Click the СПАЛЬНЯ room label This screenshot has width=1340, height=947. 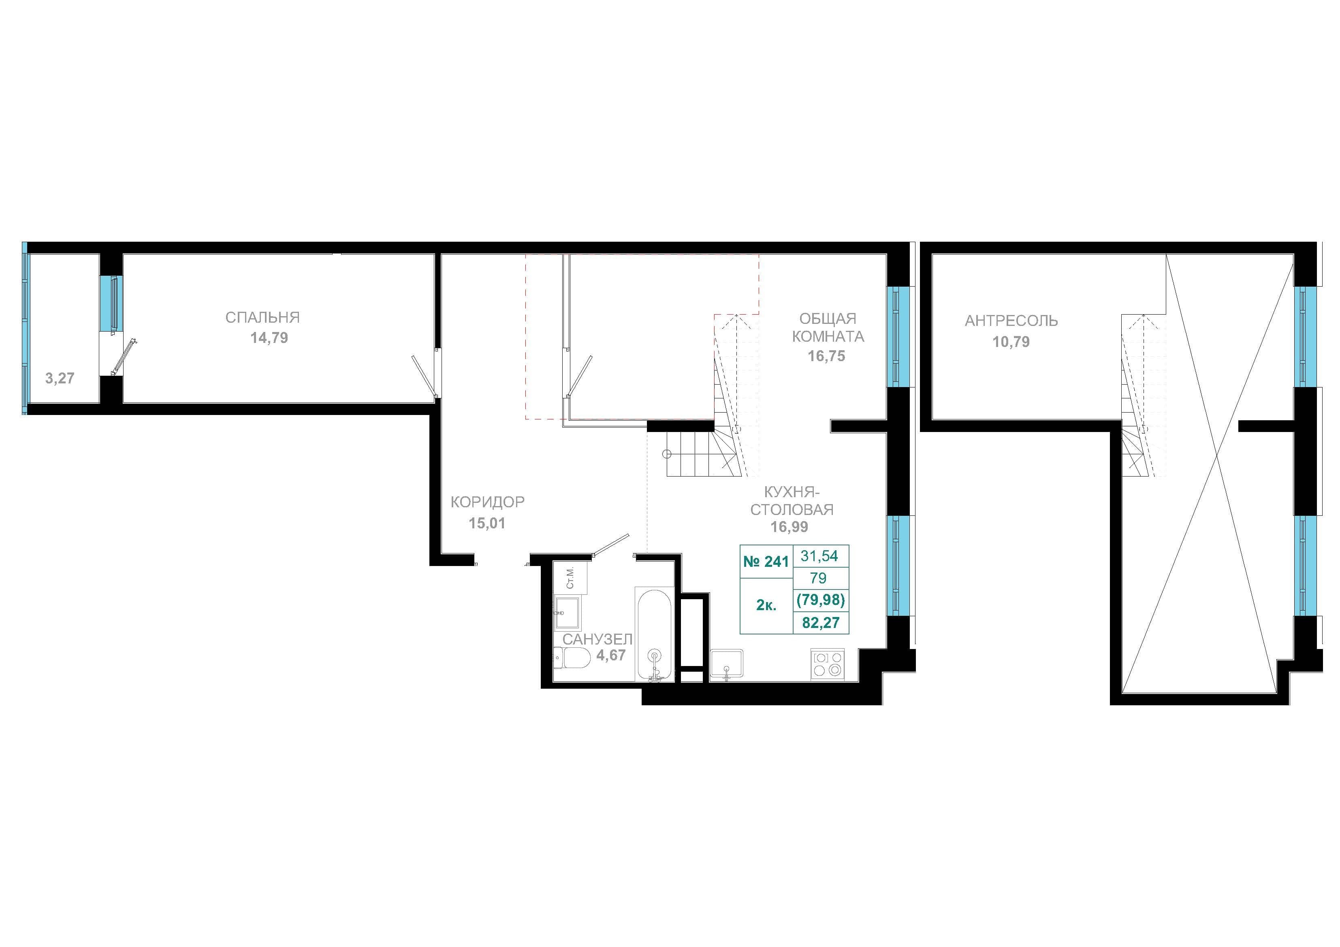262,317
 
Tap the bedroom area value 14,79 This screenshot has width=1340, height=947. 269,338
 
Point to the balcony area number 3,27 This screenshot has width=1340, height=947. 60,378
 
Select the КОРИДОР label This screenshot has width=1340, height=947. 487,502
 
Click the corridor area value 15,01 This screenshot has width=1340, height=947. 487,524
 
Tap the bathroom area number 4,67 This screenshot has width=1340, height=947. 611,655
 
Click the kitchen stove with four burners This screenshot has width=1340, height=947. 828,664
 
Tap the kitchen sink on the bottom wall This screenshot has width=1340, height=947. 727,664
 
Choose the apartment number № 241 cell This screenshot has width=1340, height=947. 766,561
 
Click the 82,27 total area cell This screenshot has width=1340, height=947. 821,623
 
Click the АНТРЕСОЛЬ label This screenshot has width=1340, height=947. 1011,321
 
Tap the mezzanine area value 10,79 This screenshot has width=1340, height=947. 1011,342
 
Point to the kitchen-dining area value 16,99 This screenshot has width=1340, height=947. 789,527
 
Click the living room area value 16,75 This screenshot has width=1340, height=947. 826,356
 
